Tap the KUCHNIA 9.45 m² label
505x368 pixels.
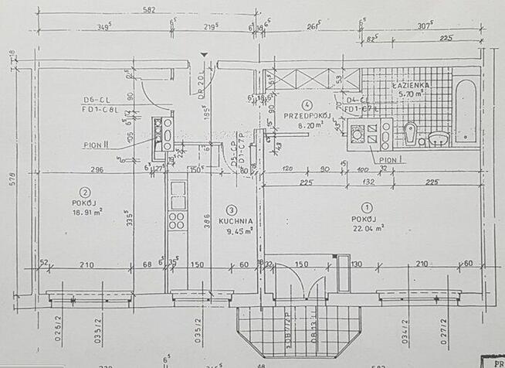coord(232,225)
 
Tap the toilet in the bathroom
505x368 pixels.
coord(411,134)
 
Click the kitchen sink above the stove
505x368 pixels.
coord(177,190)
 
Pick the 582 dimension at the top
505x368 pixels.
coord(149,10)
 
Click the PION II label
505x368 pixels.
coord(96,145)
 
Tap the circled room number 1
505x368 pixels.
coord(367,206)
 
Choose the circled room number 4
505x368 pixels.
coord(307,104)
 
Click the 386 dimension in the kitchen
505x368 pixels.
coord(206,220)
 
